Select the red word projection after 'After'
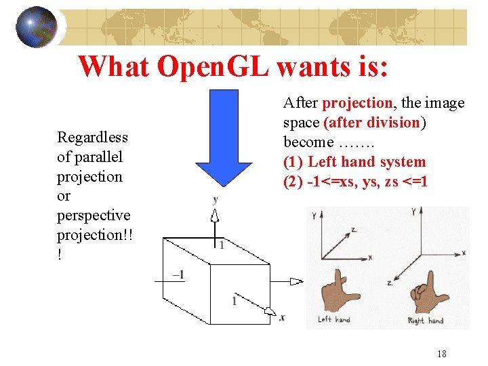[357, 103]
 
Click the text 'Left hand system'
[367, 162]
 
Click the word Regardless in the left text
[92, 138]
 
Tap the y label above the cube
[216, 199]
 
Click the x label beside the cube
[282, 317]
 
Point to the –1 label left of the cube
[179, 274]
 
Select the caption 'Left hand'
[334, 319]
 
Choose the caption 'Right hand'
[426, 320]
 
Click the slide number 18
[441, 354]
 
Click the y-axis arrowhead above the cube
[216, 216]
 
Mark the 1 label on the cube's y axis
[221, 245]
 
